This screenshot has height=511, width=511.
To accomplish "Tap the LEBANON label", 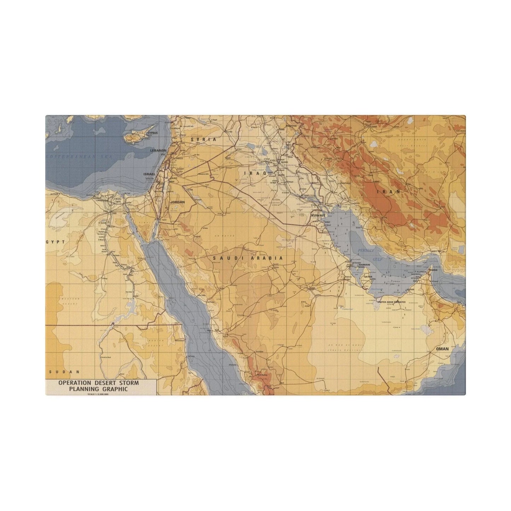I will tap(158, 150).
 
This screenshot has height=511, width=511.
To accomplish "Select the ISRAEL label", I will tap(149, 174).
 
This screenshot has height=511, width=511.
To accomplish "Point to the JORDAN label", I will tap(178, 202).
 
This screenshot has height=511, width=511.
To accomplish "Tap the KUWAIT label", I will tap(318, 215).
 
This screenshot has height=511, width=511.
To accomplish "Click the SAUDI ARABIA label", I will tap(248, 258).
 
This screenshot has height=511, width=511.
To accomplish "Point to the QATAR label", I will tap(368, 277).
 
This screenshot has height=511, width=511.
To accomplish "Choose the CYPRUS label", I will tap(153, 133).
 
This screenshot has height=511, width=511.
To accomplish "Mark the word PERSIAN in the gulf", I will tap(366, 250).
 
